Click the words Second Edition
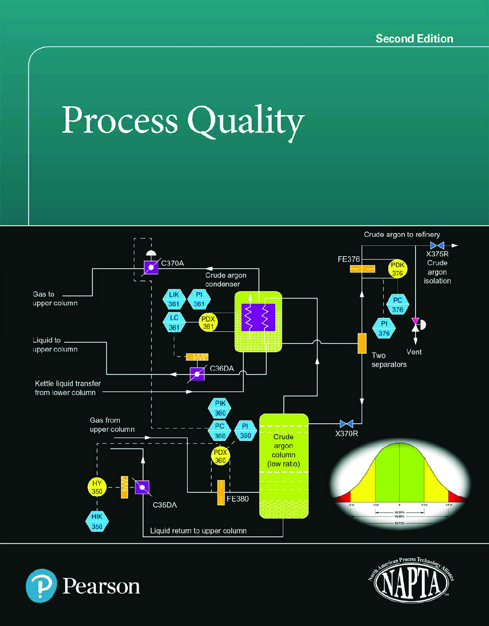click(x=414, y=39)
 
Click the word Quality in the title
click(x=246, y=121)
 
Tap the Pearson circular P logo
click(x=41, y=586)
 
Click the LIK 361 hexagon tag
click(x=174, y=299)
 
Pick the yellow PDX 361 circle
click(x=208, y=323)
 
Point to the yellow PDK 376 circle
click(x=398, y=269)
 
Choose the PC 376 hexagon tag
click(x=398, y=305)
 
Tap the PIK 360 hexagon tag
click(x=220, y=408)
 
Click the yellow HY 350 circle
click(x=97, y=487)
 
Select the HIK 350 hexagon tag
click(x=97, y=521)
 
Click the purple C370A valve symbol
click(x=151, y=267)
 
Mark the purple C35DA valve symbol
click(x=142, y=487)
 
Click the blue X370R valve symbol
click(x=346, y=423)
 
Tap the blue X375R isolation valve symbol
click(x=437, y=245)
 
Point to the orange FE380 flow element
click(x=221, y=492)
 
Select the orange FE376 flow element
click(x=362, y=269)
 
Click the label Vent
click(x=414, y=352)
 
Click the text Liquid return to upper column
click(x=198, y=531)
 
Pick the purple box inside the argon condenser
click(x=258, y=317)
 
